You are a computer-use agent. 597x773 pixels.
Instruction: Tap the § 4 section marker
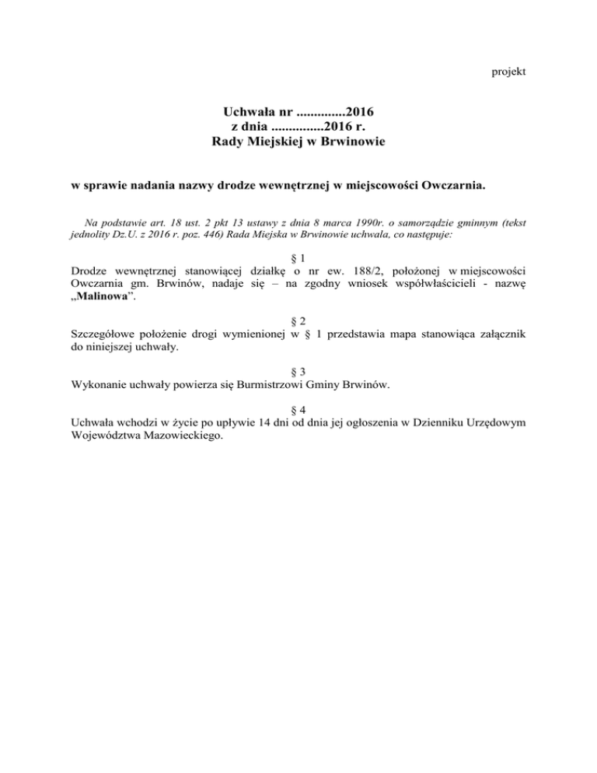[297, 408]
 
